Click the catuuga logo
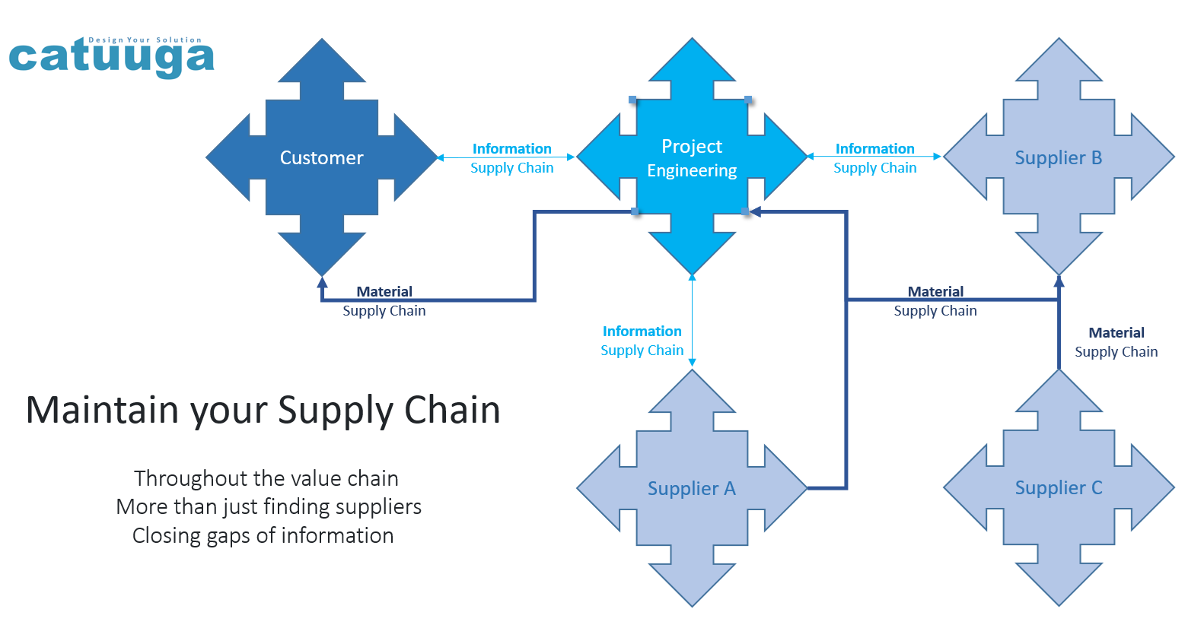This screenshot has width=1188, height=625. pos(111,57)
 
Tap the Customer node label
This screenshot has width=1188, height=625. pos(321,158)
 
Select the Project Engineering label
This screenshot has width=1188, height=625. pos(692,158)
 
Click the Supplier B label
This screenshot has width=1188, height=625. pos(1059,158)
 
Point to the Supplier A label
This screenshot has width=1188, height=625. pos(692,488)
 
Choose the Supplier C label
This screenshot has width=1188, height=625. pos(1059,488)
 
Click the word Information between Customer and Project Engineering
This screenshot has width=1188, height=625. pos(511,149)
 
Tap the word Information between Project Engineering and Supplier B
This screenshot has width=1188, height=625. pos(875,149)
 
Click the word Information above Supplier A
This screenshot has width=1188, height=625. pos(642,331)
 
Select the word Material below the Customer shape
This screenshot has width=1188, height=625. pos(384,292)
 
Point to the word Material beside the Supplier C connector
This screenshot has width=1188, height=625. pos(1116,332)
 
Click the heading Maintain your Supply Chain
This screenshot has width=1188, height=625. pos(263,410)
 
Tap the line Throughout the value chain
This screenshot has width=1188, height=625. pos(266,478)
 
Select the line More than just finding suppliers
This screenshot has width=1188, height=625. pos(269,507)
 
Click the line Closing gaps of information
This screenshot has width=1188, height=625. pos(263,535)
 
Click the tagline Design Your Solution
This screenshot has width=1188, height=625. pos(145,40)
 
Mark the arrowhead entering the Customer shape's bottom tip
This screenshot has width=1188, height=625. pos(322,282)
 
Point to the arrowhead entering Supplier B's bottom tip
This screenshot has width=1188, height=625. pos(1059,282)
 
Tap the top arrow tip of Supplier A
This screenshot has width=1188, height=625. pos(692,370)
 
